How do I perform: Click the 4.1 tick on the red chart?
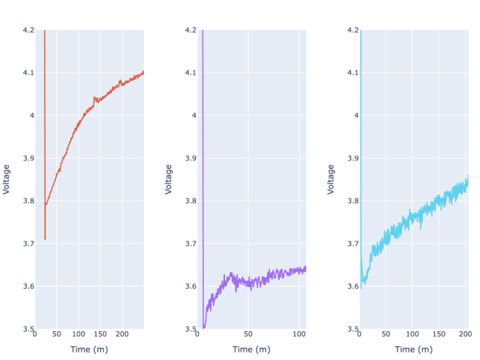pos(28,73)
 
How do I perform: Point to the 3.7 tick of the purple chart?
pos(190,244)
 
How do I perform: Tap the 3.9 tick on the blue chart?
pos(352,158)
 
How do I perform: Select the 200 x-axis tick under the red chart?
pos(122,334)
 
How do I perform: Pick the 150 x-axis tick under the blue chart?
pos(439,334)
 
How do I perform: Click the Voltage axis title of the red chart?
pos(7,179)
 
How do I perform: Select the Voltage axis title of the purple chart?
pos(169,179)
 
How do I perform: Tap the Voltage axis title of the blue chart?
pos(331,179)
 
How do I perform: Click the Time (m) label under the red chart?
pos(89,350)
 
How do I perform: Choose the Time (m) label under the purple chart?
pos(251,350)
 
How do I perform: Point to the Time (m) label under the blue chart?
pos(413,350)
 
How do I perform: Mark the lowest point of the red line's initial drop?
pos(45,239)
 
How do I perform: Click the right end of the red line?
pos(144,72)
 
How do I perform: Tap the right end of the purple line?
pos(306,268)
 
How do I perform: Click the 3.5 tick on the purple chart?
pos(190,329)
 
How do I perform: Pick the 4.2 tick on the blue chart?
pos(352,30)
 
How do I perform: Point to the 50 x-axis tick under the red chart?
pos(56,334)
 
